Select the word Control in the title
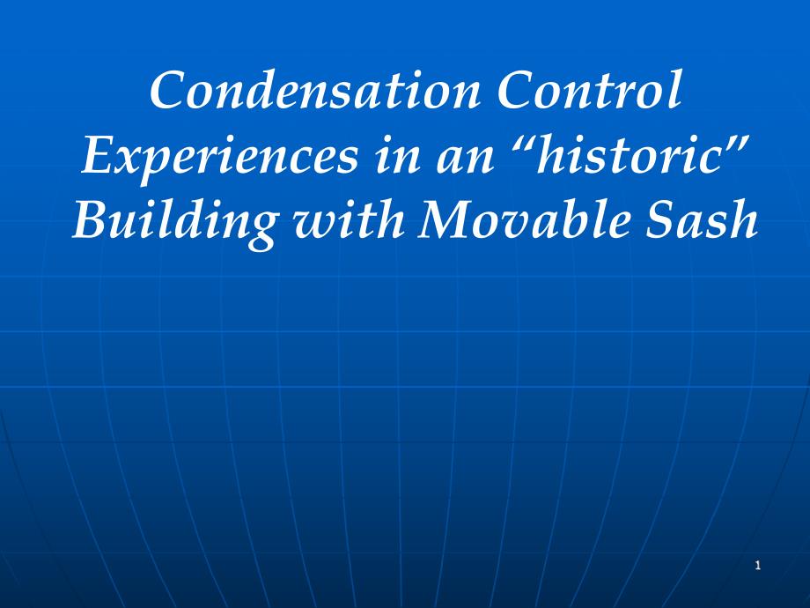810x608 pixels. pos(589,92)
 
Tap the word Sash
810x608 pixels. pos(709,220)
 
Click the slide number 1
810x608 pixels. pos(757,566)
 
